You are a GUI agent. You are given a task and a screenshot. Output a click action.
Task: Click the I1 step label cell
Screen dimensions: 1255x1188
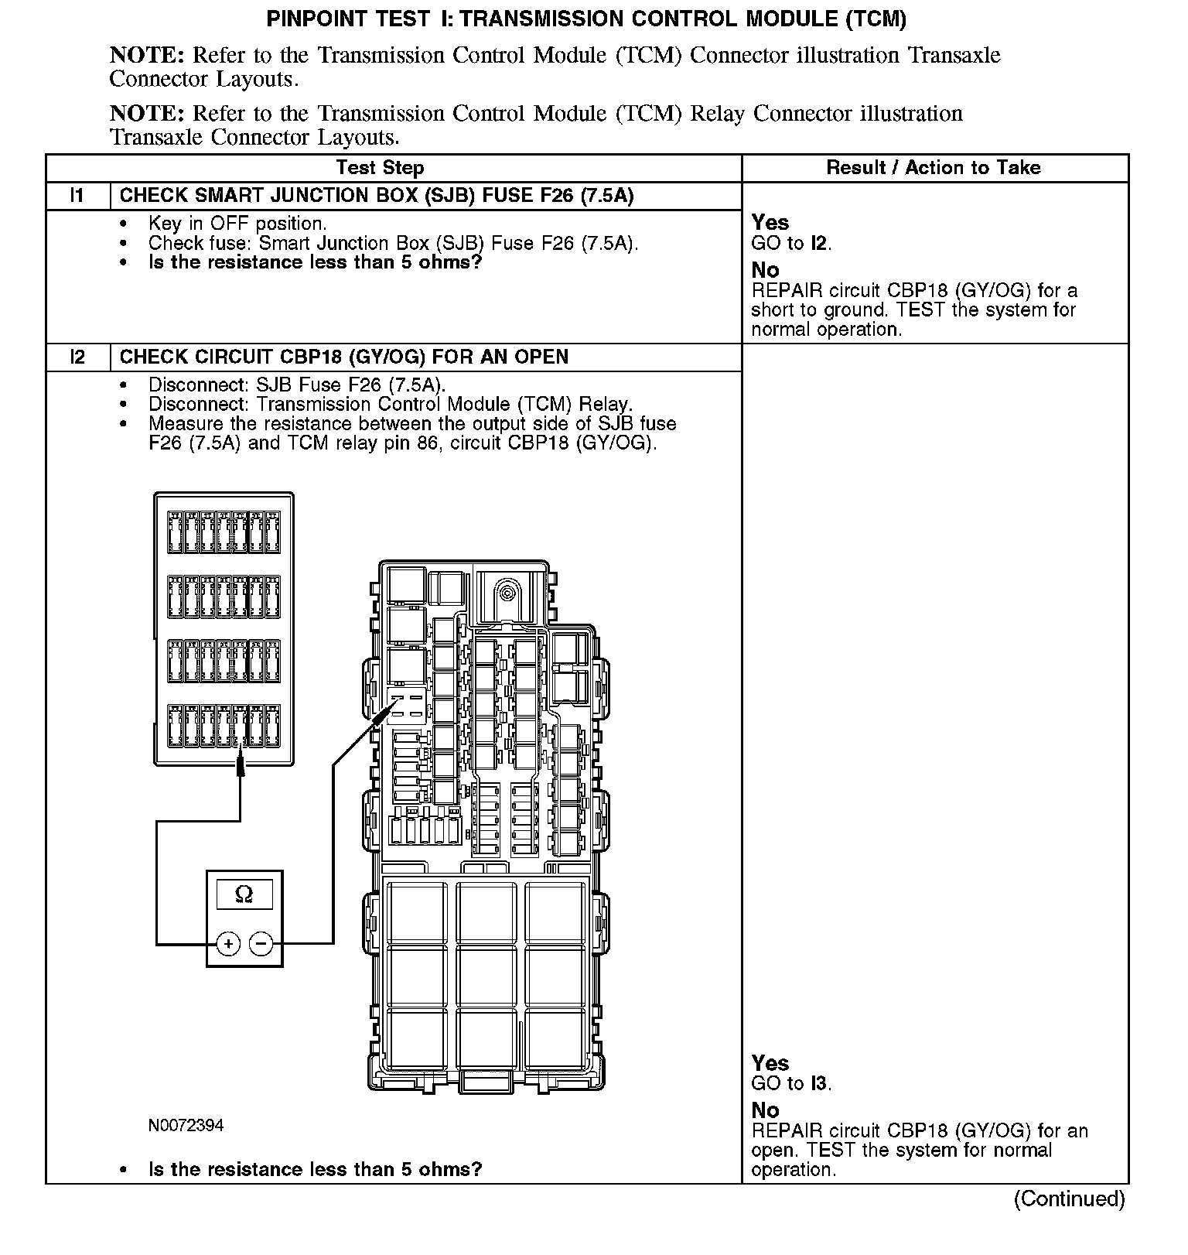pyautogui.click(x=77, y=196)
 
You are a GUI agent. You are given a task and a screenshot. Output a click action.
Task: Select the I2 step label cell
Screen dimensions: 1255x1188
pyautogui.click(x=77, y=357)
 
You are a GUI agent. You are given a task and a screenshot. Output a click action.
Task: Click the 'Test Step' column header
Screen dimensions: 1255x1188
pyautogui.click(x=380, y=168)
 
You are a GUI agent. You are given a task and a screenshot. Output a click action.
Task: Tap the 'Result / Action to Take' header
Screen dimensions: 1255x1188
pyautogui.click(x=934, y=168)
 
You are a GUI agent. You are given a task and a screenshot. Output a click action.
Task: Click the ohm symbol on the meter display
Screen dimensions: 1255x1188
pyautogui.click(x=244, y=894)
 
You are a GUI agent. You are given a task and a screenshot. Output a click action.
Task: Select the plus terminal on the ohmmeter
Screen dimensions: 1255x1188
pyautogui.click(x=228, y=944)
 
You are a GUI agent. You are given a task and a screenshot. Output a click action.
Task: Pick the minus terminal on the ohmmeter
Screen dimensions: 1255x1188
pyautogui.click(x=261, y=944)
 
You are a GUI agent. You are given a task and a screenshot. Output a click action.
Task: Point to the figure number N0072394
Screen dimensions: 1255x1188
pyautogui.click(x=186, y=1125)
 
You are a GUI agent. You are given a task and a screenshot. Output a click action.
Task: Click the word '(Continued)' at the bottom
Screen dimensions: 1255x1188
pyautogui.click(x=1069, y=1199)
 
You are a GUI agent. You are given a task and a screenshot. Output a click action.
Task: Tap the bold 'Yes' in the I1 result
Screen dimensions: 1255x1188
pyautogui.click(x=770, y=223)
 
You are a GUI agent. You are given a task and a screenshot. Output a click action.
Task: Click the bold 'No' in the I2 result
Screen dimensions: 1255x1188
pyautogui.click(x=765, y=1110)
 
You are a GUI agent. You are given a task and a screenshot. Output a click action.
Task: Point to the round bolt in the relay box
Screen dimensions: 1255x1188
pyautogui.click(x=507, y=593)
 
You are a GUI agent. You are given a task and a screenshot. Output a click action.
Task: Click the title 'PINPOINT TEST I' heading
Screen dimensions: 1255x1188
pyautogui.click(x=586, y=19)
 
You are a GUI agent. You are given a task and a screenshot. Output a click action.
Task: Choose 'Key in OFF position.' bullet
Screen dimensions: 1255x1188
pyautogui.click(x=237, y=224)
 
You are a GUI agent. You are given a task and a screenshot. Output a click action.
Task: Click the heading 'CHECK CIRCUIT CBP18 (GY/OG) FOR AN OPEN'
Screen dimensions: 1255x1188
pyautogui.click(x=344, y=357)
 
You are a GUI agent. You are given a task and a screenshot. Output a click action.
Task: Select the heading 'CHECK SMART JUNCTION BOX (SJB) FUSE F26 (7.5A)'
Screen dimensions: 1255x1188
pyautogui.click(x=377, y=196)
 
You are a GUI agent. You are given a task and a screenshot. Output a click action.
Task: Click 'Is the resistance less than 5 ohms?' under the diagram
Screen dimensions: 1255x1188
pyautogui.click(x=315, y=1169)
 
